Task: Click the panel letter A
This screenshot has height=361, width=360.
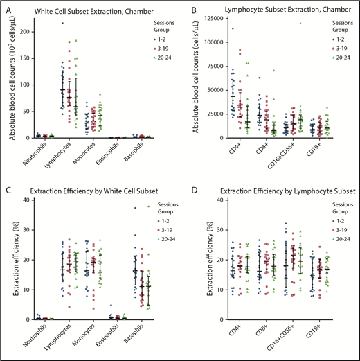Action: click(8, 9)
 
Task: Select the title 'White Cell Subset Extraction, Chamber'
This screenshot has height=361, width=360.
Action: click(77, 9)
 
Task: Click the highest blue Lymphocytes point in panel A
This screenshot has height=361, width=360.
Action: click(62, 24)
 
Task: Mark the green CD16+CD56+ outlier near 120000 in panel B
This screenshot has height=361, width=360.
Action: click(300, 23)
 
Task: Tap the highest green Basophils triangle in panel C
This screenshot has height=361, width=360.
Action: click(147, 206)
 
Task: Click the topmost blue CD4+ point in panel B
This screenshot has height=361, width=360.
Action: click(232, 28)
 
